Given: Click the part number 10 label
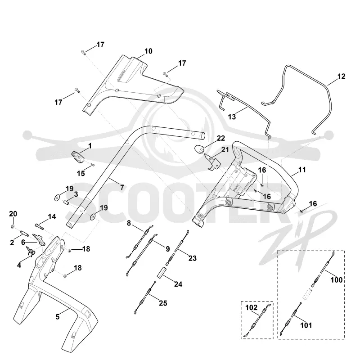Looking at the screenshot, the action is click(x=148, y=51).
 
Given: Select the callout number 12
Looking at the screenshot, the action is click(x=342, y=76).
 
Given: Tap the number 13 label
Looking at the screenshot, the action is click(x=232, y=117).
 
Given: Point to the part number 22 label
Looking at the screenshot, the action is click(x=221, y=138).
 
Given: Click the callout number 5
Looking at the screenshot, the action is click(x=58, y=317).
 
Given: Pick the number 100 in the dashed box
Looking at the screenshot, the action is click(x=337, y=280).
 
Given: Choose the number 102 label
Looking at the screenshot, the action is click(x=252, y=307).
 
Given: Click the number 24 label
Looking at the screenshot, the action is click(x=178, y=284).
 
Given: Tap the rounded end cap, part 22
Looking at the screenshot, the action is click(x=199, y=149).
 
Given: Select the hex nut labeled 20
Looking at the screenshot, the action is click(x=13, y=227).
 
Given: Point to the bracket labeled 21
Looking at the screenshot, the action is click(x=212, y=162).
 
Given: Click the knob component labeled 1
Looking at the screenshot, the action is click(x=77, y=157).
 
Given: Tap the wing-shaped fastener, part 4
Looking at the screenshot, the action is click(x=30, y=252).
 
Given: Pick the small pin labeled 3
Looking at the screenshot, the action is click(x=66, y=203).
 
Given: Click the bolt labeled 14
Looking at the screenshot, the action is click(x=40, y=226).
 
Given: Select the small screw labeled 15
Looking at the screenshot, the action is click(x=93, y=164).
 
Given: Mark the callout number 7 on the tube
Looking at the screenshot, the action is click(x=122, y=188).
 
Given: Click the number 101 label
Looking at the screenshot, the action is click(x=306, y=325).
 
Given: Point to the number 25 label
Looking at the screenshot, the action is click(x=163, y=303).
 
